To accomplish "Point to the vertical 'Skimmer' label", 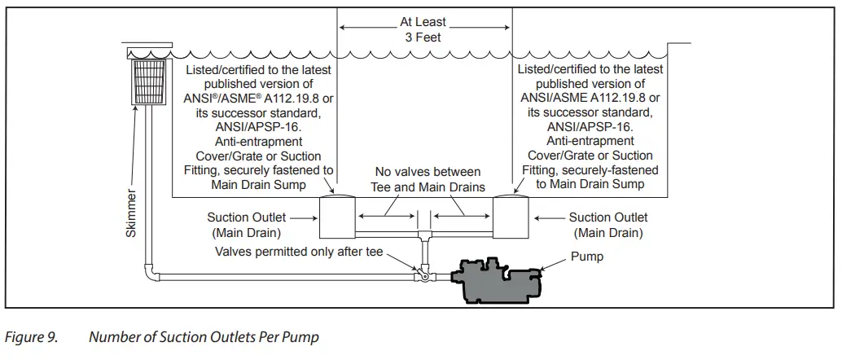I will point(131,214).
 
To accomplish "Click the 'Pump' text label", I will point(586,257).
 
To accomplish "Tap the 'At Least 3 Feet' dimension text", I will point(424,29).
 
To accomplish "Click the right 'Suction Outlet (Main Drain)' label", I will point(607,225).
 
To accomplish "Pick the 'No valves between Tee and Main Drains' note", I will point(428,180).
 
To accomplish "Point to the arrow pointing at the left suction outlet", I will point(302,217).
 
